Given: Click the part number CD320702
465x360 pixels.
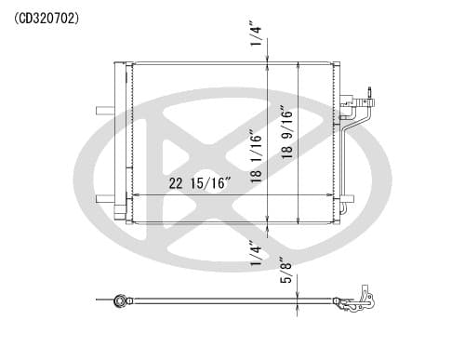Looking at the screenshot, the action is coord(46,19).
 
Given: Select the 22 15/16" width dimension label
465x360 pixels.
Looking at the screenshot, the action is coord(200,183).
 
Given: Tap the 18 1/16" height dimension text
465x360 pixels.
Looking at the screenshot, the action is coord(257,158).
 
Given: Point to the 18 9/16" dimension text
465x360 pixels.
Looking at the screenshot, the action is coord(286,132).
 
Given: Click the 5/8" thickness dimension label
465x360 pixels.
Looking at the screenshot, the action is coord(286,270).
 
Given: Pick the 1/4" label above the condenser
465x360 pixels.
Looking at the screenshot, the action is coord(256,33).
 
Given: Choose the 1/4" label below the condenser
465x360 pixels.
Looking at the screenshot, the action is coord(256,254).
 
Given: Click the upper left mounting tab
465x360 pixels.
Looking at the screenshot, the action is coord(105,111).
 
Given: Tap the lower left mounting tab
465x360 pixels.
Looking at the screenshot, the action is coord(105,199).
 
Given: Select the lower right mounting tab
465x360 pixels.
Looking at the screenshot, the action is coord(347,199).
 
